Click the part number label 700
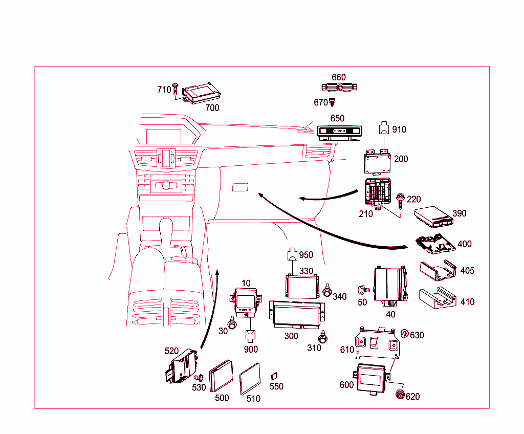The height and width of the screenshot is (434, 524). coord(212,108)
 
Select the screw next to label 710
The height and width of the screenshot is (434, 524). coord(176,90)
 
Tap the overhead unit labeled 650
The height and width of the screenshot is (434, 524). coord(339,133)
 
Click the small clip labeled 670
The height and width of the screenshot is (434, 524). coord(332,103)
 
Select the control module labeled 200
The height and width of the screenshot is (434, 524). coord(378,162)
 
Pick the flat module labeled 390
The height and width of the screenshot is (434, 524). coord(432,216)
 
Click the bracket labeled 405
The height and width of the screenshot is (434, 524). coord(438,271)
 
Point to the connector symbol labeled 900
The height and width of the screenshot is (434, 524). coord(251,336)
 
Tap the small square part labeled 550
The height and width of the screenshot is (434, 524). coord(274,376)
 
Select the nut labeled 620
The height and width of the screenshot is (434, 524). coord(399,394)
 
